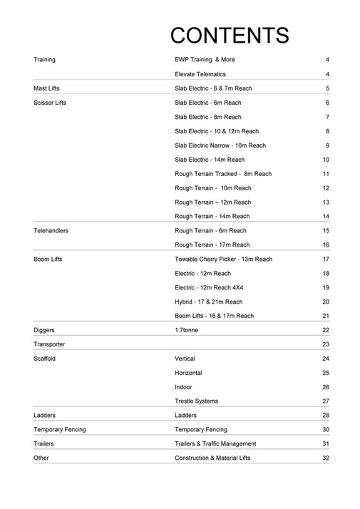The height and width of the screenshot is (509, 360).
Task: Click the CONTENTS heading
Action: click(x=230, y=35)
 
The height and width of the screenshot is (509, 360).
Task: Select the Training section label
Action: click(x=44, y=60)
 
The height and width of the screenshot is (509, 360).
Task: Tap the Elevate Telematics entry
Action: click(x=200, y=74)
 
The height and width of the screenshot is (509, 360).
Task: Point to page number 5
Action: click(x=326, y=88)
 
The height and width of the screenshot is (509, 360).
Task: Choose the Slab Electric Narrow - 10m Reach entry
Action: click(x=220, y=145)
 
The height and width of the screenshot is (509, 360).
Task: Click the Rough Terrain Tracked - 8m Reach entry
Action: click(x=223, y=174)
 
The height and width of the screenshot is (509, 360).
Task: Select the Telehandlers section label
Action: click(x=51, y=231)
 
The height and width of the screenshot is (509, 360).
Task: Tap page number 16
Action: click(x=325, y=245)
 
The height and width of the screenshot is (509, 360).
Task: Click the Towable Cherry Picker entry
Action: click(x=223, y=259)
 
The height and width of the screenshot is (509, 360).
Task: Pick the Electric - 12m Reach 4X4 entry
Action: click(x=212, y=287)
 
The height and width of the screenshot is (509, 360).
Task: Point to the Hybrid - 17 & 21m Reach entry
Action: click(x=209, y=302)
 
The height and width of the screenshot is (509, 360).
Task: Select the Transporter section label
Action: click(x=49, y=344)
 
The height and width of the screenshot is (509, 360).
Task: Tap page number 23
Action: click(x=325, y=344)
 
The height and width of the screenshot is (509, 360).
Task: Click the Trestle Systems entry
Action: click(x=197, y=401)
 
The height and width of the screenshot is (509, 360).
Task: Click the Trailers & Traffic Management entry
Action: click(x=215, y=443)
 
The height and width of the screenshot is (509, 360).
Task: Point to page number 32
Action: click(x=325, y=458)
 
